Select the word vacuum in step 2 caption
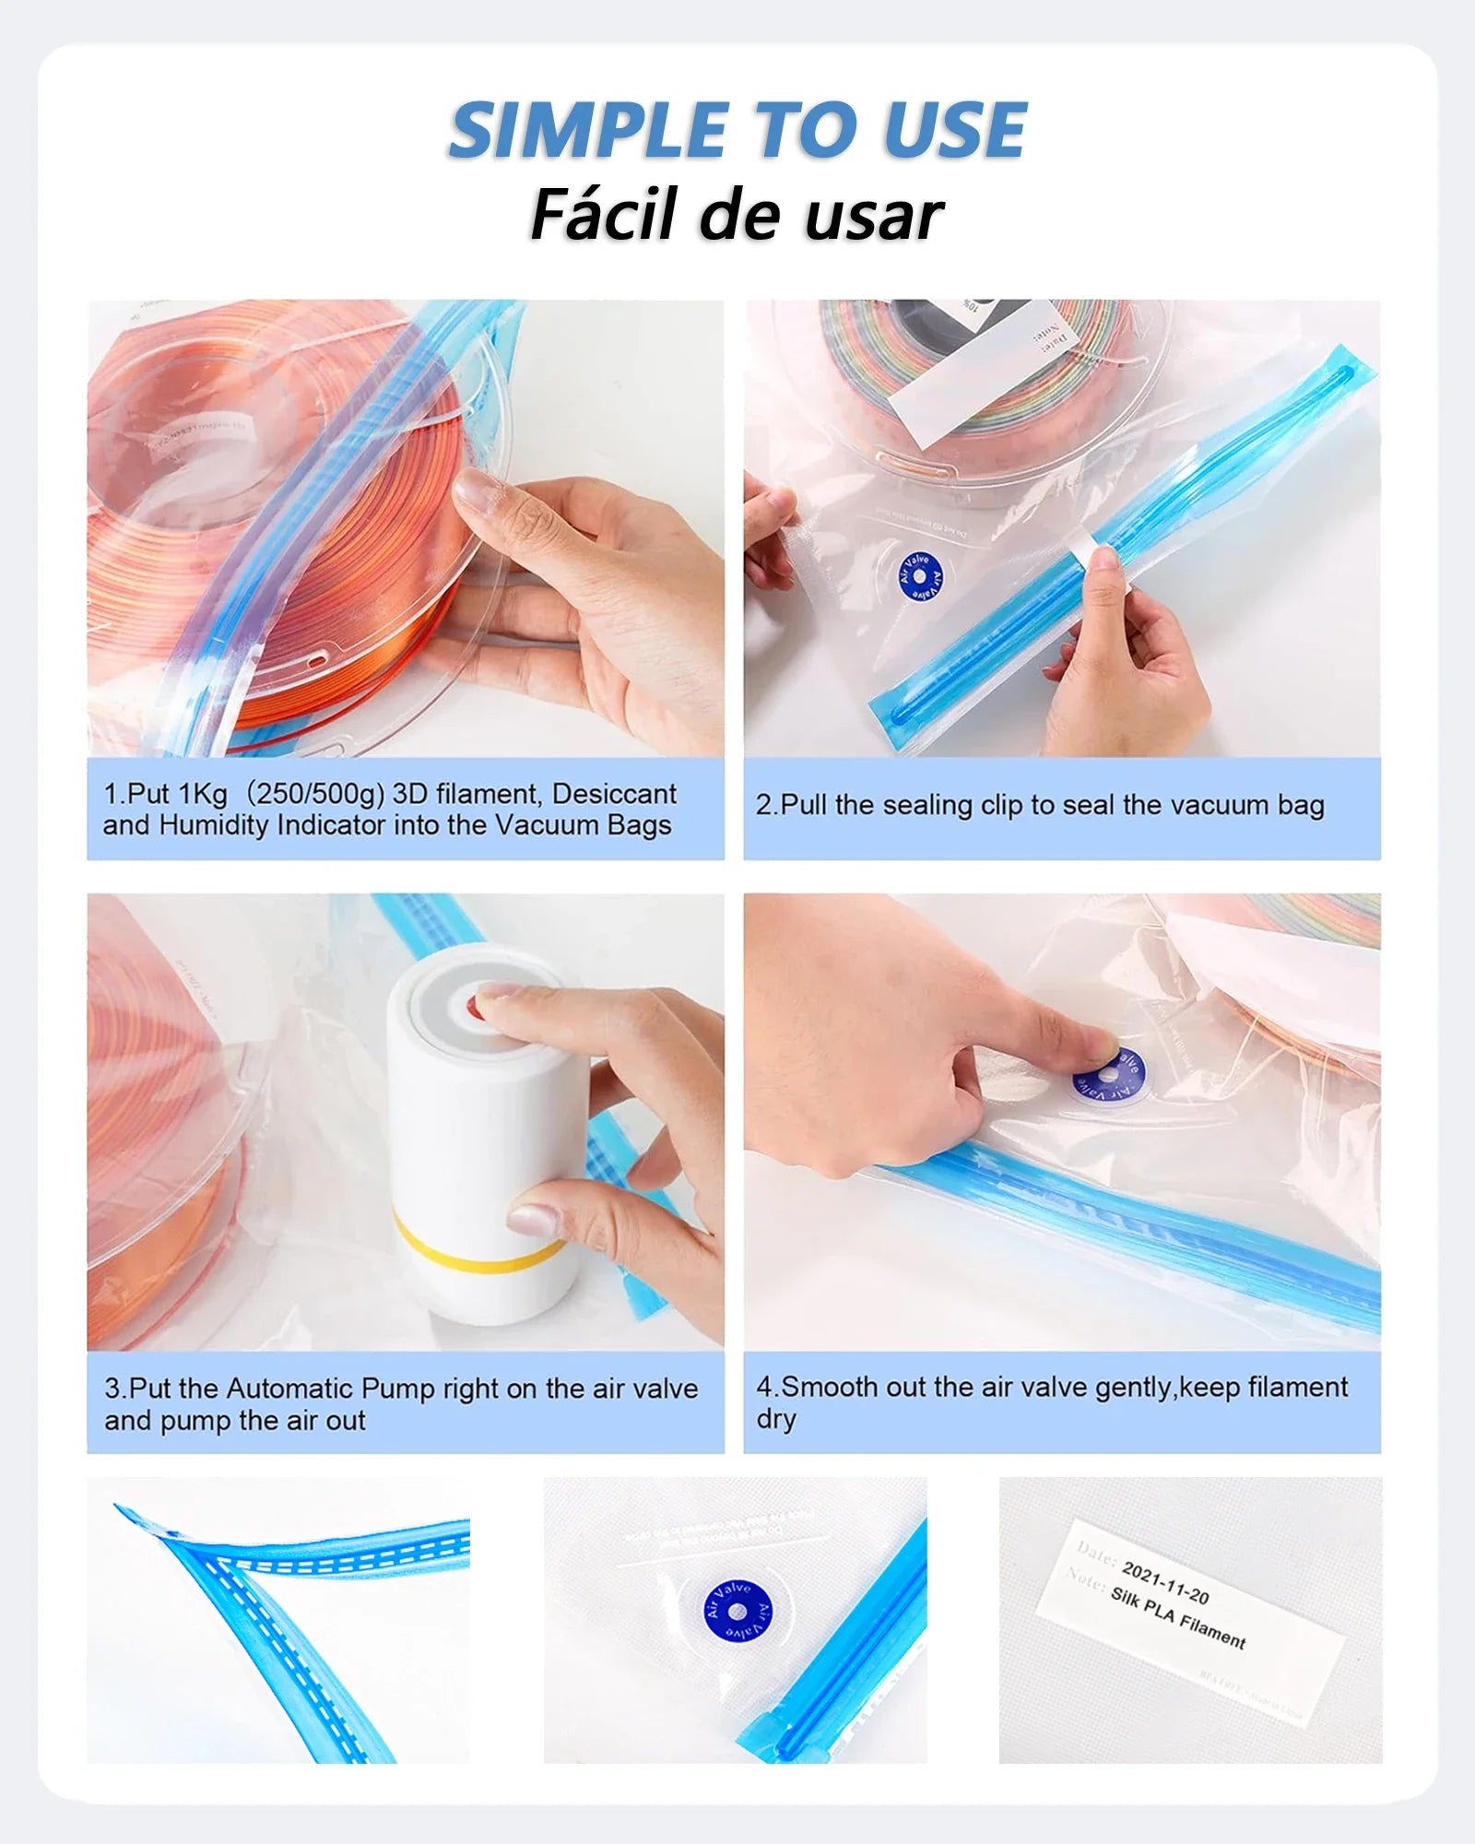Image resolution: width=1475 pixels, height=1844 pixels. point(1222,805)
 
